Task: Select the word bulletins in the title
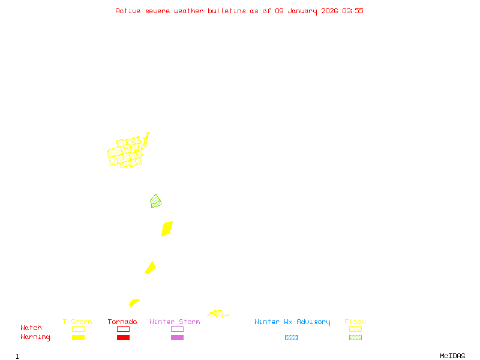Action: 226,11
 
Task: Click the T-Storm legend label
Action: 77,322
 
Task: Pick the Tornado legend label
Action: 122,322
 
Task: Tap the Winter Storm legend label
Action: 175,322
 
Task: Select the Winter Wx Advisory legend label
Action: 292,322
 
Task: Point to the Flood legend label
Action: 355,322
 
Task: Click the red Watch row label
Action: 31,328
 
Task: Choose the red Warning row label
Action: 35,337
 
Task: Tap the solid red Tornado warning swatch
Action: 123,338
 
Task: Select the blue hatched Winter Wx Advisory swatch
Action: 291,338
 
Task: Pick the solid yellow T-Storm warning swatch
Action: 78,338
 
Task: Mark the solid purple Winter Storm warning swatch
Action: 177,338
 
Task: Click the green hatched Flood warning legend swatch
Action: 355,338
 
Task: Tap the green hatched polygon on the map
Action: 156,202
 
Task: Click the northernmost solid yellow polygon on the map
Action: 167,229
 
